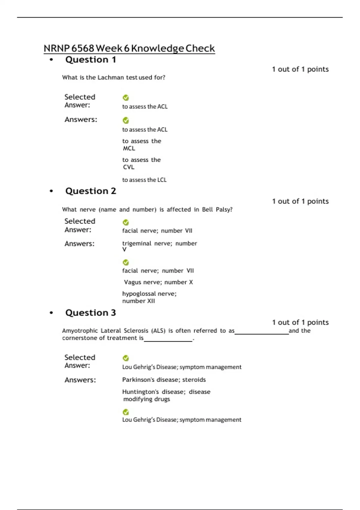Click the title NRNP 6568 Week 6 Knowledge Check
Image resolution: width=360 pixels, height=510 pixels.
pos(129,48)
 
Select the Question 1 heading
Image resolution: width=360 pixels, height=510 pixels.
pos(90,60)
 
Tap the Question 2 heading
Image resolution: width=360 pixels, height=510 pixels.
pos(90,191)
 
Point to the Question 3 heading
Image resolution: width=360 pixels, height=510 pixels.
pos(90,313)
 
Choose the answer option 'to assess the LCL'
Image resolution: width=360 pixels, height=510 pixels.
pos(144,180)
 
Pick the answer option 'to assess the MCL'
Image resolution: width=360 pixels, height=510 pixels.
pos(141,145)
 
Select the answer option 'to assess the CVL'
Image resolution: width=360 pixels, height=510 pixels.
pos(141,163)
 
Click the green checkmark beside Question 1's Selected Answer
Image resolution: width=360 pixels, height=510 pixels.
pos(126,98)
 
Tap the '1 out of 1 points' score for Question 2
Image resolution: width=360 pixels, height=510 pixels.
pos(300,201)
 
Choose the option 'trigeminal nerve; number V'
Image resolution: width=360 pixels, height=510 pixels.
pos(159,246)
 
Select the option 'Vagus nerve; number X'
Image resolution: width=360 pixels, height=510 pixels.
pos(158,282)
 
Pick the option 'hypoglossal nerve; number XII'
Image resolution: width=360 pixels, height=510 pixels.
pos(149,297)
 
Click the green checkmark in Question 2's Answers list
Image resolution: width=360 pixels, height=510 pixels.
pos(126,262)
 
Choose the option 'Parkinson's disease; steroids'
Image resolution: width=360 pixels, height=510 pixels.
pos(164,380)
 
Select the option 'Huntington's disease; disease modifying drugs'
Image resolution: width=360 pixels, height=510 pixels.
pos(166,395)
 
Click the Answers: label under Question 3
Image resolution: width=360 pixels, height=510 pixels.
pos(80,380)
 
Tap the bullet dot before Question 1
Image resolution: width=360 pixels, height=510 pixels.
pos(51,60)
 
